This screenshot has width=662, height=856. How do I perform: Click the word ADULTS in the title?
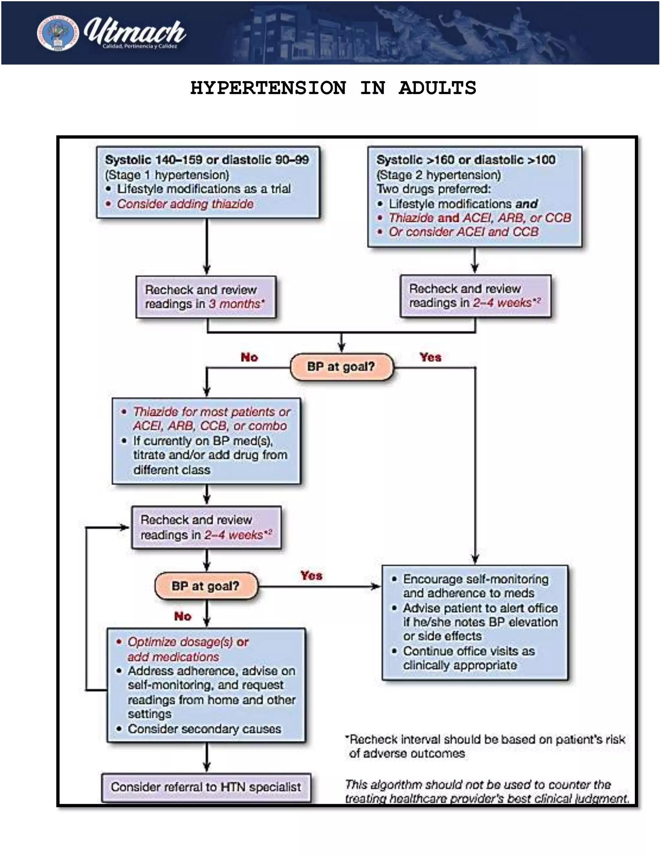437,88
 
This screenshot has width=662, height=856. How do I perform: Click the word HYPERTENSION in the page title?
268,88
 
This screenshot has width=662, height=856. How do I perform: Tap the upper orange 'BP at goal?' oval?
341,367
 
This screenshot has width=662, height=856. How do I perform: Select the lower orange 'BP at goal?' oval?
206,586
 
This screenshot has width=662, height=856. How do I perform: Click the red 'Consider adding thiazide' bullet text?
185,204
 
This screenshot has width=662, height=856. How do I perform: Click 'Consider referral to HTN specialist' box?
206,787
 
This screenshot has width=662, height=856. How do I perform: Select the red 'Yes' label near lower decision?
311,575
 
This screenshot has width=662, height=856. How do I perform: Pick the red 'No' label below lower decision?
183,617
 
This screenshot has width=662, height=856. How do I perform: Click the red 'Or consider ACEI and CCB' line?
464,232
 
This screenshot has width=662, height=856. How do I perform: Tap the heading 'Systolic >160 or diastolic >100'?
465,160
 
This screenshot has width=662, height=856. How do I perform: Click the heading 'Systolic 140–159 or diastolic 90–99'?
207,160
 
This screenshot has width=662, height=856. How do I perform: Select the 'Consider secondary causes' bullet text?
204,729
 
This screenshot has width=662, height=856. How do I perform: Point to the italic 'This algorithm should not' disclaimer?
478,785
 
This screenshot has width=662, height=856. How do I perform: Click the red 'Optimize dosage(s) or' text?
188,642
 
